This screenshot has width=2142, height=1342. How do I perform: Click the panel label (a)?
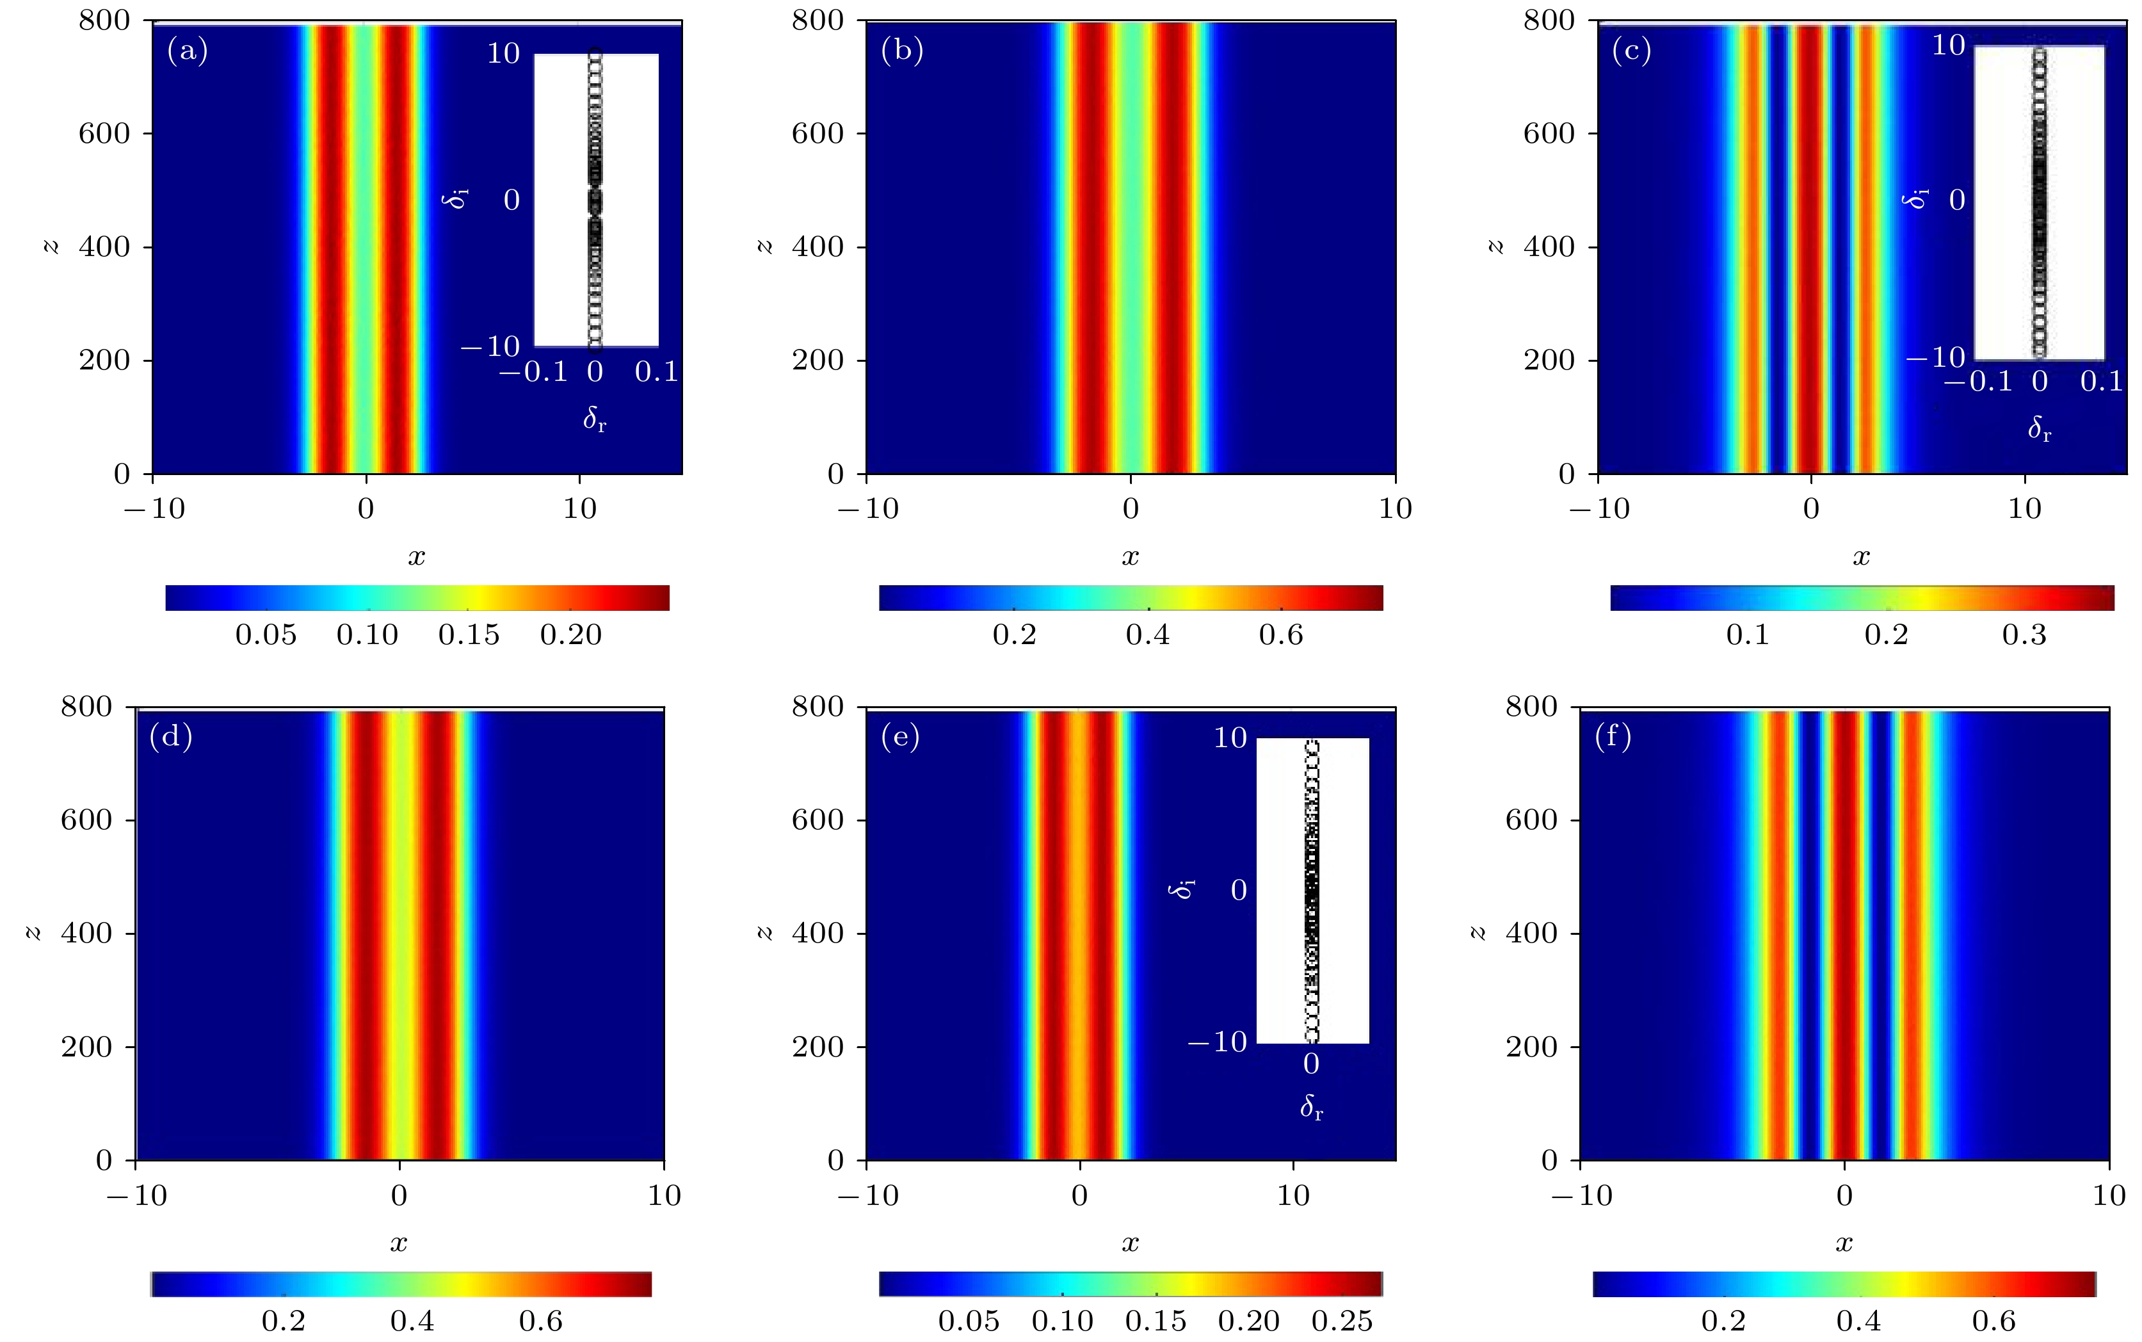[x=187, y=51]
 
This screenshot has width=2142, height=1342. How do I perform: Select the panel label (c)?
[x=1631, y=51]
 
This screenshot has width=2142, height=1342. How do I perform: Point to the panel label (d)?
[x=170, y=737]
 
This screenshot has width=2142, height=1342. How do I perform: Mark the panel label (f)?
[x=1613, y=737]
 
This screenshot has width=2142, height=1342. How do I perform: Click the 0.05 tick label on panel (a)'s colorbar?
[x=265, y=635]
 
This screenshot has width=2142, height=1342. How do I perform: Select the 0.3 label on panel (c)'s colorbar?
[x=2024, y=635]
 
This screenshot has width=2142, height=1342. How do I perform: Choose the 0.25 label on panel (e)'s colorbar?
[x=1342, y=1321]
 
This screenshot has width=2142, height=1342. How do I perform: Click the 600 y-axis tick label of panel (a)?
[x=104, y=133]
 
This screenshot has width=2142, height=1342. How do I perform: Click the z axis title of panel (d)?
[x=34, y=933]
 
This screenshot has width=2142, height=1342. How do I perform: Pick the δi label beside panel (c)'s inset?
[x=1917, y=199]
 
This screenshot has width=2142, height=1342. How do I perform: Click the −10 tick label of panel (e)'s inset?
[x=1216, y=1041]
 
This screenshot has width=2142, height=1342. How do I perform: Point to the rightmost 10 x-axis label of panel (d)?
[x=664, y=1195]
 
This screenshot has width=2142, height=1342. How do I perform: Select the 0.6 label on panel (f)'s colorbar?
[x=1994, y=1321]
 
